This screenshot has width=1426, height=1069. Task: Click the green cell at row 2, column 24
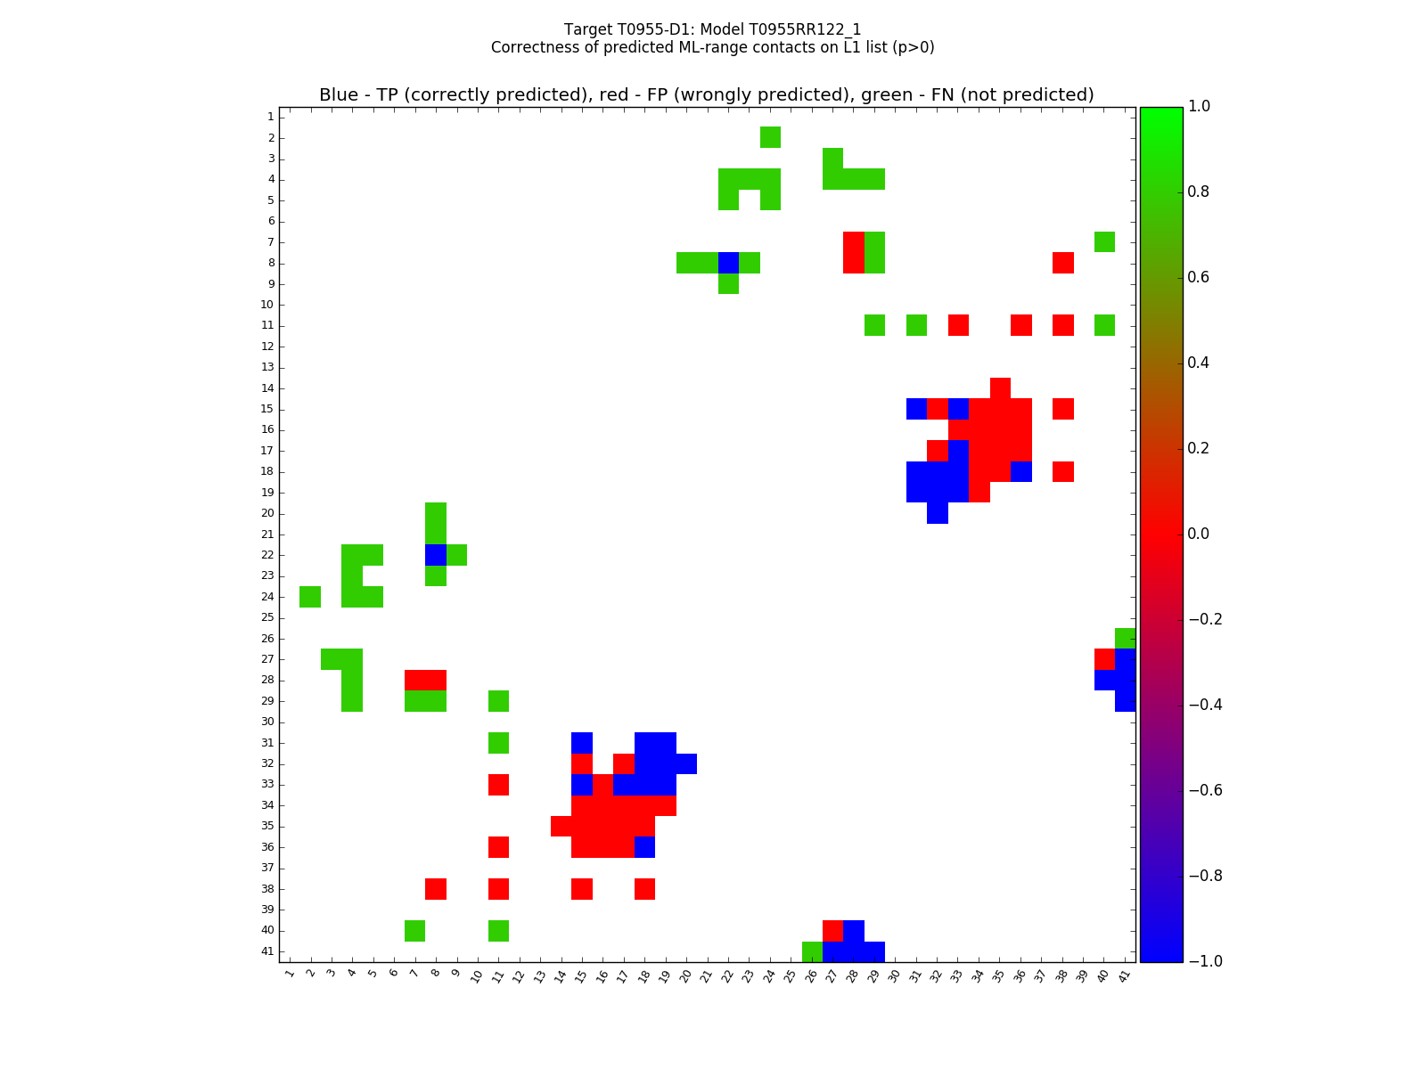click(x=770, y=137)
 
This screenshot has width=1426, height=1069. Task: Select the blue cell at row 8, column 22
click(x=728, y=263)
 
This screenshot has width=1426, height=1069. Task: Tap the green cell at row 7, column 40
click(x=1104, y=241)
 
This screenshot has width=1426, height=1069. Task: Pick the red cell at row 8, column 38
click(x=1062, y=263)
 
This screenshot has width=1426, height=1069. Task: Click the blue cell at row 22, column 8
click(x=436, y=555)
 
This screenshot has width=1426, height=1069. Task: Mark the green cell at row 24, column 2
click(x=310, y=597)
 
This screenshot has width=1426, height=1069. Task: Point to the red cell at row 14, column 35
click(x=1000, y=388)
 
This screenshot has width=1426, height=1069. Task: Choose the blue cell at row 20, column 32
click(x=937, y=513)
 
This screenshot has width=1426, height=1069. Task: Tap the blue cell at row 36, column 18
click(x=644, y=847)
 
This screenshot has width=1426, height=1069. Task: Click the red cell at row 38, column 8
click(x=436, y=889)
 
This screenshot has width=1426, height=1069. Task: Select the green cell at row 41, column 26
click(x=812, y=951)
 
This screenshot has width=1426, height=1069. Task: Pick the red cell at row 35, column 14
click(x=561, y=826)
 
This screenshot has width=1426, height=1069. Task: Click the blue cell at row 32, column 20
click(x=686, y=763)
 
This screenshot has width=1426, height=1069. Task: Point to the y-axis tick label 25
click(x=267, y=617)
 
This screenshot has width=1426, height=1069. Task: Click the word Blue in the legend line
click(x=338, y=95)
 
